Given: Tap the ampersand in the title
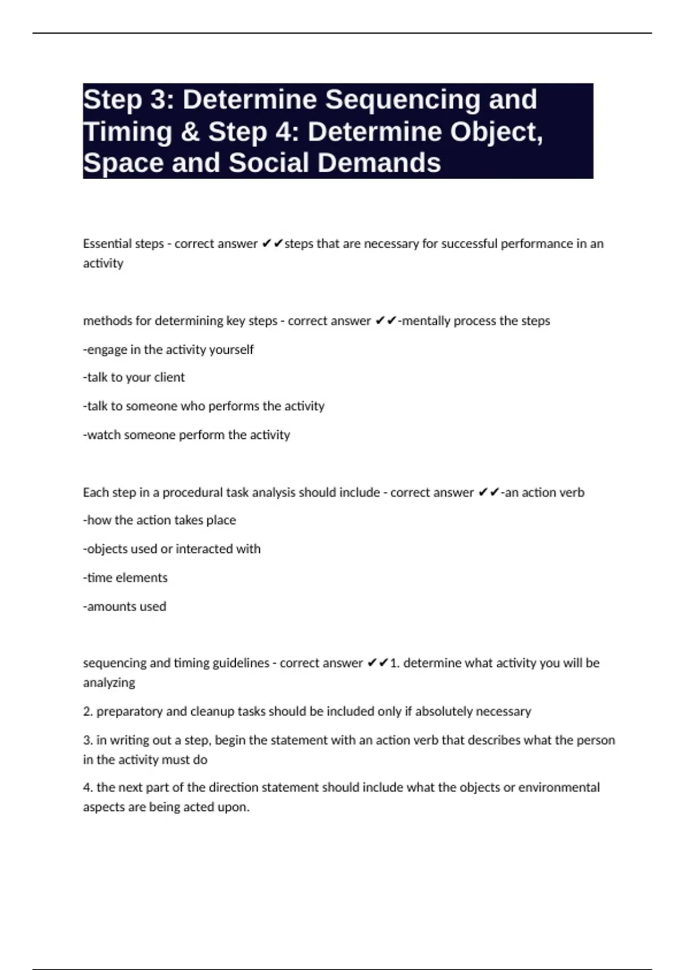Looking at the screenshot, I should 189,132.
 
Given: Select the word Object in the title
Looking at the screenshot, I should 494,132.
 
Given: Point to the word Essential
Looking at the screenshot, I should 107,244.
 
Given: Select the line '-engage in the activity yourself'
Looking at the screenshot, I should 168,349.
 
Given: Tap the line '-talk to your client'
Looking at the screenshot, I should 134,377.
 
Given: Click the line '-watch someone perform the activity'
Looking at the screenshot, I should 186,435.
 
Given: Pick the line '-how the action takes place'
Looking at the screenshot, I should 159,520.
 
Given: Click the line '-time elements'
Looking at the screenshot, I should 125,577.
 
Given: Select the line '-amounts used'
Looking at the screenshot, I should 124,607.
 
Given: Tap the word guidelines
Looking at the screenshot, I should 240,663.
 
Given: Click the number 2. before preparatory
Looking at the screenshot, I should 88,712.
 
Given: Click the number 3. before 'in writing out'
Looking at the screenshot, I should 88,740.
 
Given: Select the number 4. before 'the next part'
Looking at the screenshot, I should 88,787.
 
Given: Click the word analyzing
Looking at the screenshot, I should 109,683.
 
